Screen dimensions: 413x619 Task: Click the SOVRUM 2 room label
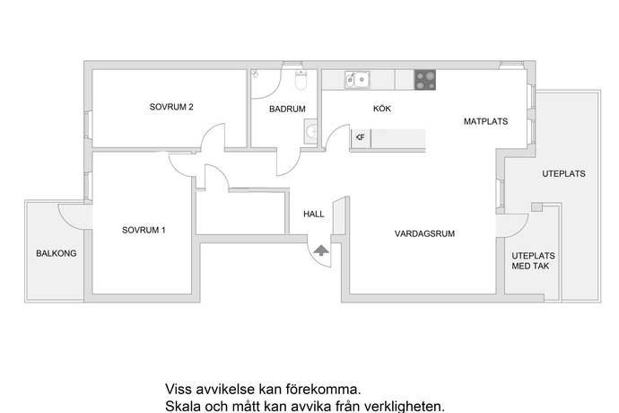click(x=171, y=108)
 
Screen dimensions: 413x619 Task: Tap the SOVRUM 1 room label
click(x=144, y=231)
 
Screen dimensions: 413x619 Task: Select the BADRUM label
click(x=287, y=110)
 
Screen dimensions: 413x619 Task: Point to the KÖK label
click(x=383, y=109)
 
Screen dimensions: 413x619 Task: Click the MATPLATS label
click(x=485, y=121)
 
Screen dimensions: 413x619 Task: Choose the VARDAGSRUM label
click(x=425, y=233)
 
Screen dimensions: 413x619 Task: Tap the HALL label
click(x=313, y=215)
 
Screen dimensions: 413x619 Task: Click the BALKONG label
click(x=57, y=254)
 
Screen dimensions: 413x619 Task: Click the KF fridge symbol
click(x=360, y=137)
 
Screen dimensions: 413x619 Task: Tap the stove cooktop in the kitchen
click(x=425, y=80)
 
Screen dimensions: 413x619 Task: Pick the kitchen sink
click(x=356, y=80)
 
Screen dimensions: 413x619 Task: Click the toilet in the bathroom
click(x=301, y=81)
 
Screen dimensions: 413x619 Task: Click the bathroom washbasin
click(x=310, y=133)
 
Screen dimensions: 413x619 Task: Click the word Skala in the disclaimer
click(x=183, y=407)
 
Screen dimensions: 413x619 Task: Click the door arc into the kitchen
click(x=336, y=139)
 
